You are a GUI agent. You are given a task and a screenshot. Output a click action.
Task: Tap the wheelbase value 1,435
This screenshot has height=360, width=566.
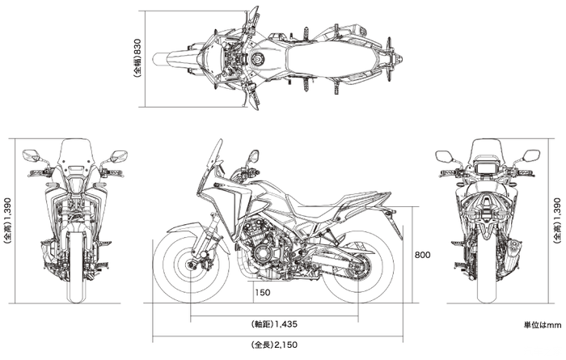pos(286,324)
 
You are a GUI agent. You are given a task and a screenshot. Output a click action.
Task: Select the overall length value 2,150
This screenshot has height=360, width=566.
pos(286,345)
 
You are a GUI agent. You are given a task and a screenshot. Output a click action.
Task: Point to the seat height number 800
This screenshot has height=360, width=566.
pos(422,255)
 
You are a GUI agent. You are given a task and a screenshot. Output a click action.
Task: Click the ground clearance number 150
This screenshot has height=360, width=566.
pos(263,292)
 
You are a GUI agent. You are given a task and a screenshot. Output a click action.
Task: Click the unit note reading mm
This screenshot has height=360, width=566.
pos(554,325)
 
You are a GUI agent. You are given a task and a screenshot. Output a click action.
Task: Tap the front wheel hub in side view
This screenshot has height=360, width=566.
pos(191,265)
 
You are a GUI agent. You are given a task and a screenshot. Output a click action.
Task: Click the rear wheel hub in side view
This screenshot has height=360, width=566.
pos(358,267)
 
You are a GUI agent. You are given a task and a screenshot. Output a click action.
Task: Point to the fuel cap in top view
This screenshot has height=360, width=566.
pos(257,58)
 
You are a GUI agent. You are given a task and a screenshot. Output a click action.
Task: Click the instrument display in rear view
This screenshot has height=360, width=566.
pos(486,166)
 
